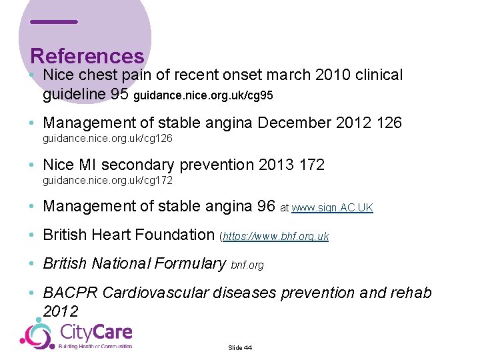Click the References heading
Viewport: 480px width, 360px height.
(x=87, y=56)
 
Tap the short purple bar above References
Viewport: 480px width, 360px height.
(x=54, y=22)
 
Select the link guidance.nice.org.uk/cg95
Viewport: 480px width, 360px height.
(x=203, y=96)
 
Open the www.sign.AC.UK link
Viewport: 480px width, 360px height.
(x=332, y=208)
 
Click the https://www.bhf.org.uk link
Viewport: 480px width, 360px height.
(x=276, y=236)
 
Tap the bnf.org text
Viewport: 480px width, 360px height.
(x=247, y=265)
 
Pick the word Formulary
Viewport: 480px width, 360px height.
(x=191, y=263)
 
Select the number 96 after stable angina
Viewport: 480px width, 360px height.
(x=266, y=207)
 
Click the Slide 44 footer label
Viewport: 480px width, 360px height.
(x=240, y=347)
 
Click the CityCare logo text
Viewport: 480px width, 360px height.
(x=96, y=331)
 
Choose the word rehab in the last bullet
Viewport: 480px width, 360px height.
(x=408, y=293)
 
